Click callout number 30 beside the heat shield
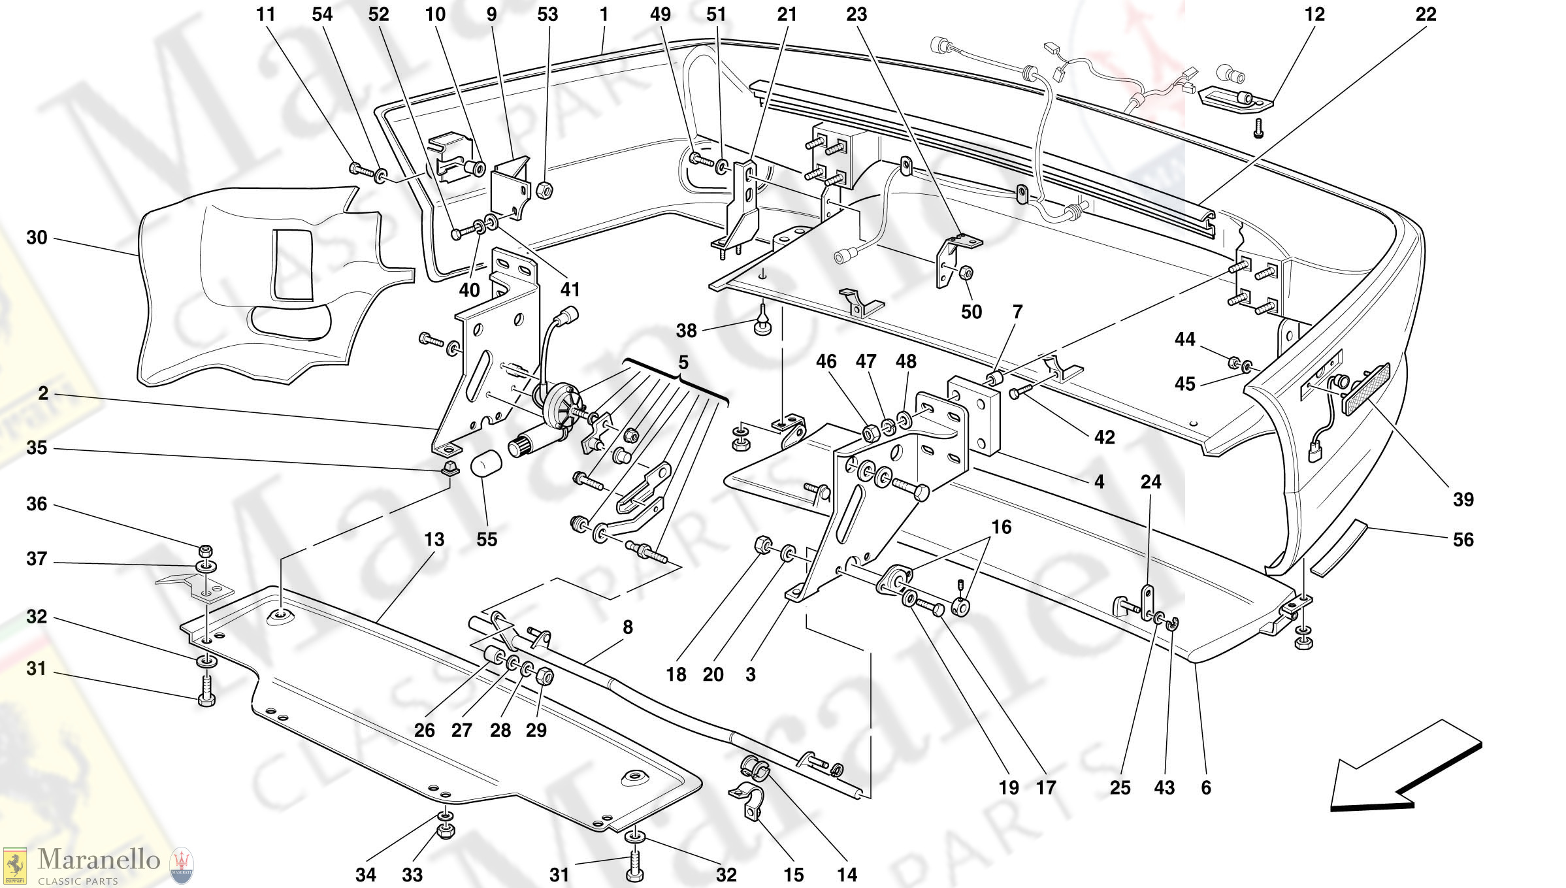pyautogui.click(x=37, y=238)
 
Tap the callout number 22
pyautogui.click(x=1426, y=14)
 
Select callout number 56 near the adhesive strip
pyautogui.click(x=1463, y=540)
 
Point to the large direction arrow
pyautogui.click(x=1404, y=768)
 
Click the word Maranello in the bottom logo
pyautogui.click(x=99, y=859)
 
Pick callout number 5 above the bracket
pyautogui.click(x=683, y=362)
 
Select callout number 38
pyautogui.click(x=686, y=331)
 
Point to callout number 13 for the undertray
pyautogui.click(x=434, y=540)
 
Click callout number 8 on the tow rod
pyautogui.click(x=627, y=627)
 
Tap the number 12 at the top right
pyautogui.click(x=1314, y=14)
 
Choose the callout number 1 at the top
pyautogui.click(x=604, y=14)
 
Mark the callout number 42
pyautogui.click(x=1104, y=437)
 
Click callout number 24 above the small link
pyautogui.click(x=1150, y=482)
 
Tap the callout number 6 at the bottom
pyautogui.click(x=1205, y=787)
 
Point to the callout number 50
pyautogui.click(x=971, y=312)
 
